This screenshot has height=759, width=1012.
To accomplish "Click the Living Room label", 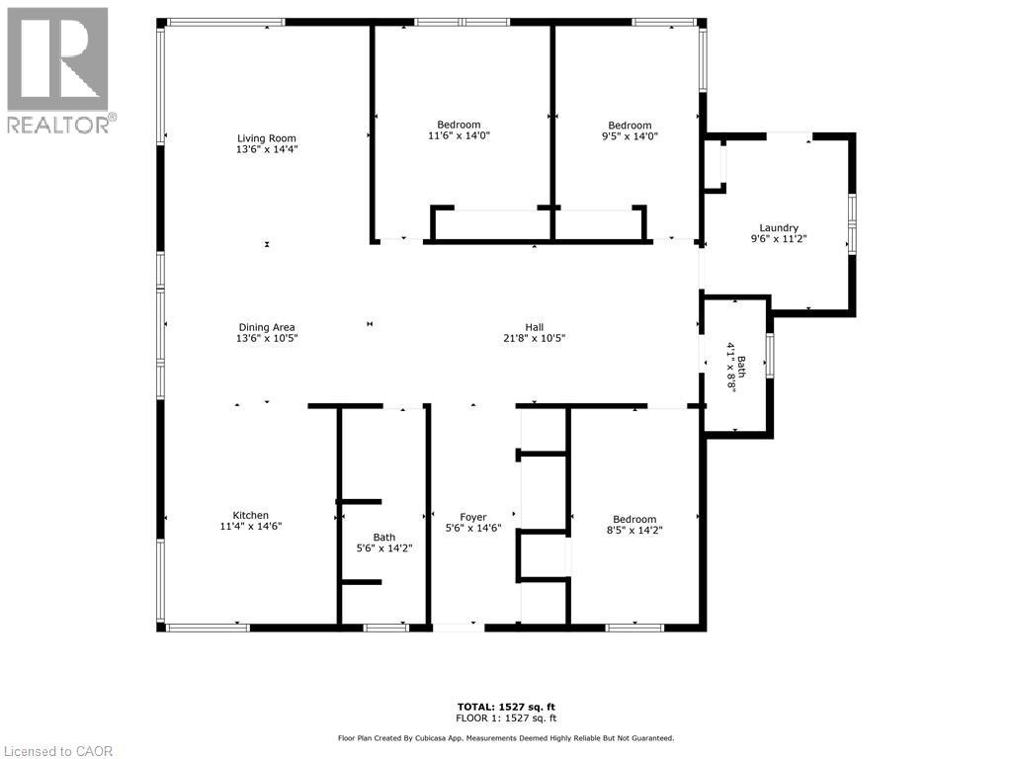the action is coord(267,138).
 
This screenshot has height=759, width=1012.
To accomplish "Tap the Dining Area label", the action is coord(267,327).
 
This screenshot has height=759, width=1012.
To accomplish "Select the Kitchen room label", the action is coord(250,515).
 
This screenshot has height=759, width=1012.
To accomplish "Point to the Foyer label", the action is coord(473,517).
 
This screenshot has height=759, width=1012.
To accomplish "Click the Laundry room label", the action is coord(779,228).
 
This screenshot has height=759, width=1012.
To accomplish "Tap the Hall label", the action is coord(534,327).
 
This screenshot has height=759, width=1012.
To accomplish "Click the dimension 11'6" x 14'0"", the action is coord(459,136).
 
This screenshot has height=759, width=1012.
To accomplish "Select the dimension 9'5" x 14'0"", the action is coord(630,136).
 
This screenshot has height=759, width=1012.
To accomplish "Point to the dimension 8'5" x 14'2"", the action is coord(634,531).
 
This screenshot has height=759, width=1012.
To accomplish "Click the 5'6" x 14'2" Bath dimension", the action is coord(384,548).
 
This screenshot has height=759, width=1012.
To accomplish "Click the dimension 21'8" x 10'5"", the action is coord(534,338).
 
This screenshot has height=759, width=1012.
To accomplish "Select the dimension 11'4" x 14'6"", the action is coord(250,526).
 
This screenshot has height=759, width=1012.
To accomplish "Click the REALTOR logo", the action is coord(58,70).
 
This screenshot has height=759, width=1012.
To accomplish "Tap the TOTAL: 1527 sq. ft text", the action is coord(506,708).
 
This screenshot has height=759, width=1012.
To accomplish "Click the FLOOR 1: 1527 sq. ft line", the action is coord(506,718).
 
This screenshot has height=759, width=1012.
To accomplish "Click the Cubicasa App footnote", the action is coord(506,737).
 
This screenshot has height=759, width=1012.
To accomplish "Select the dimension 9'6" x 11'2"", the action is coord(779,239).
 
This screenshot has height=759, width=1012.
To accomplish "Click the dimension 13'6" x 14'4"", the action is coord(267,149).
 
